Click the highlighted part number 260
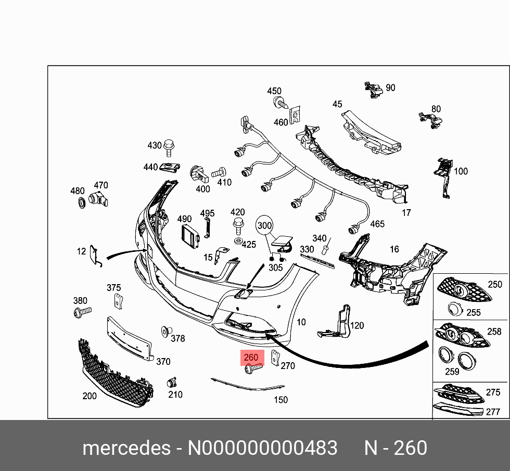[251, 358]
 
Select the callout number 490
[185, 219]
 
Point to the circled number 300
[265, 225]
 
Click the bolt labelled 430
[168, 148]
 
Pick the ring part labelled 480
[81, 203]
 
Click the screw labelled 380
[82, 312]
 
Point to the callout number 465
[377, 224]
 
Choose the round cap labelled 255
[456, 309]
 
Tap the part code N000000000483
[262, 448]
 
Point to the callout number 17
[406, 212]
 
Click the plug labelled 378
[167, 331]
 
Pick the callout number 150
[280, 400]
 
